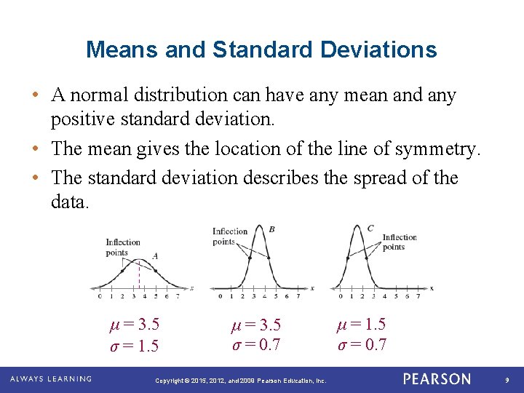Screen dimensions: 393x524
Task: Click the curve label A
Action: pos(155,255)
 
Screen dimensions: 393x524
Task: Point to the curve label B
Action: pos(271,229)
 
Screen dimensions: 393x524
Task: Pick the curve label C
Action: pos(370,228)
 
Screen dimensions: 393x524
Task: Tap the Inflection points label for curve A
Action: pos(123,247)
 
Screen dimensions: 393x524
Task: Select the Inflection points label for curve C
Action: pos(399,242)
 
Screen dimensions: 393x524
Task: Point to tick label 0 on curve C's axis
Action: pos(341,296)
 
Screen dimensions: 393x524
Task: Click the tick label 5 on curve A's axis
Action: pos(156,296)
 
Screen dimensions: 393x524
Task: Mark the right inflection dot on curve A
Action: pos(156,269)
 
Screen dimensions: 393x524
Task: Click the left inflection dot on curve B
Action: pos(250,258)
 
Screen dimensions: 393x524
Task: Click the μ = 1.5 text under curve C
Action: pos(361,325)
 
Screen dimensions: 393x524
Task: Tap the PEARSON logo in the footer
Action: pos(437,379)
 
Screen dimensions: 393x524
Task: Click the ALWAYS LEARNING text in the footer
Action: pos(50,379)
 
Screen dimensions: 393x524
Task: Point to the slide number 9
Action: pos(508,380)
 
